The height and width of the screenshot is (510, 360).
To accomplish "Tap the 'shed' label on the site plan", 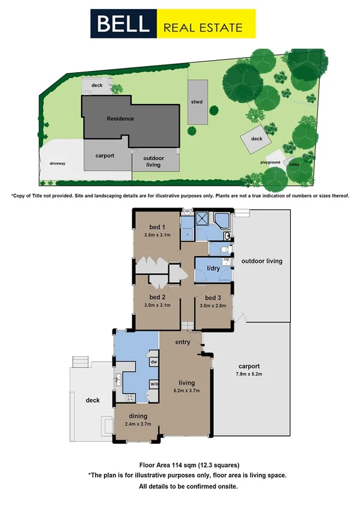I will pos(197,102).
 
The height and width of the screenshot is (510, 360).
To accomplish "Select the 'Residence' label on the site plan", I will pos(120,118).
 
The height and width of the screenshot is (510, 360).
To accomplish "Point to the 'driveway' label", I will pos(58,163).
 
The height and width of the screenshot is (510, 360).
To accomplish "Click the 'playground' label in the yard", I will pos(270,162).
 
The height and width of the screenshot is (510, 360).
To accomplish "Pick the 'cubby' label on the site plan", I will pos(294,164).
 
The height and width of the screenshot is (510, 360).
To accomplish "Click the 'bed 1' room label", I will pos(157,227).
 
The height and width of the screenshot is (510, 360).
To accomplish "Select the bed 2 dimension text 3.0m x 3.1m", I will pos(157,306).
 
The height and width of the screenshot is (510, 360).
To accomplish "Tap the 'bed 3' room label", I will pos(213,298).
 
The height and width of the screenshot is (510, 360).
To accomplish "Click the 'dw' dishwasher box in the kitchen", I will pos(154,362).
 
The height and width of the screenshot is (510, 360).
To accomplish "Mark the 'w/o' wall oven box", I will pos(154,384).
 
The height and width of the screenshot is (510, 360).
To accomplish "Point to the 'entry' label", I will pos(183,342).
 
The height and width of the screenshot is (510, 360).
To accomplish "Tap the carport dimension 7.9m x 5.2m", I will pos(248,374).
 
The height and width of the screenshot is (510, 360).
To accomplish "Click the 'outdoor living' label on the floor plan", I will pos(261,262).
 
